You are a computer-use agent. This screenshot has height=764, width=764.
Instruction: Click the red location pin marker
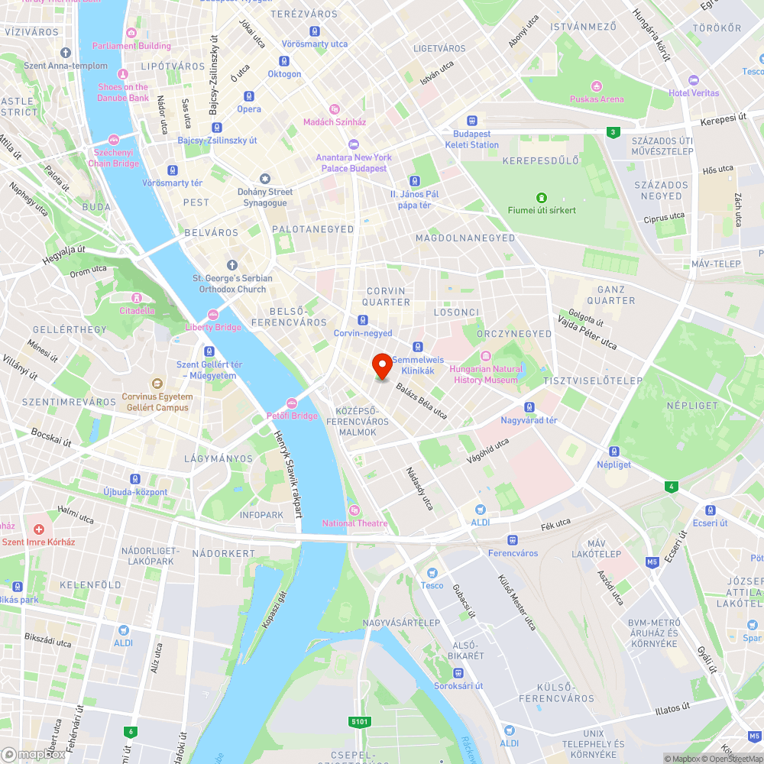[381, 366]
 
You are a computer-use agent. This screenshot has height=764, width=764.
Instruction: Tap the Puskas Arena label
[596, 99]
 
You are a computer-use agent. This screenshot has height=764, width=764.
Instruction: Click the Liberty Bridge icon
[213, 314]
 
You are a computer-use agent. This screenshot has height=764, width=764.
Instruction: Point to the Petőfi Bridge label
[292, 416]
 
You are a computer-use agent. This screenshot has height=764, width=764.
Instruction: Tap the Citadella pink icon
[137, 297]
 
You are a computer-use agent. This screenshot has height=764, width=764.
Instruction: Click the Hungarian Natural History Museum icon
[486, 356]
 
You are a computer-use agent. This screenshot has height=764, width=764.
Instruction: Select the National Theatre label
[354, 523]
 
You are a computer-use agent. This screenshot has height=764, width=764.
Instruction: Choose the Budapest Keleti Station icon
[472, 120]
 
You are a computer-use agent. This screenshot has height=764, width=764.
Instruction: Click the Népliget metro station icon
[613, 452]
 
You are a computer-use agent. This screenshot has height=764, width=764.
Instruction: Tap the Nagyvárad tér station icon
[529, 407]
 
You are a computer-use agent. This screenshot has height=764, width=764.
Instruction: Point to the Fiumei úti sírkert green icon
[542, 198]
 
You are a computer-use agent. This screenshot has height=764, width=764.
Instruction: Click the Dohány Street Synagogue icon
[265, 179]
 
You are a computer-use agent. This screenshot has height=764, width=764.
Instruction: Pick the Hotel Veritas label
[694, 93]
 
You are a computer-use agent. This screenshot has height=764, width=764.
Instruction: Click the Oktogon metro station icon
[284, 61]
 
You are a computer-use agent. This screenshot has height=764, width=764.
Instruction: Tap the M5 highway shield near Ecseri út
[652, 562]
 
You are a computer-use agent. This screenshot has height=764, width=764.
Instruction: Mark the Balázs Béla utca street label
[421, 401]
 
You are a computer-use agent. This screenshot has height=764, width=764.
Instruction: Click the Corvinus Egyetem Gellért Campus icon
[157, 384]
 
